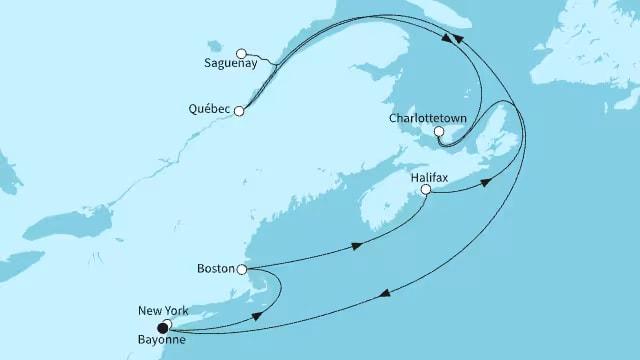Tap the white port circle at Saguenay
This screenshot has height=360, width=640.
click(x=241, y=53)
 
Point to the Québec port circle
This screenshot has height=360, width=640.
click(x=239, y=112)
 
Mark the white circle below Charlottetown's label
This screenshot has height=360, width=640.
click(x=439, y=131)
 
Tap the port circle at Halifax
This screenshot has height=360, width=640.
click(x=426, y=189)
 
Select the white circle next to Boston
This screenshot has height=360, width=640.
click(x=241, y=269)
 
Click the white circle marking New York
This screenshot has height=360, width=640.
click(x=169, y=324)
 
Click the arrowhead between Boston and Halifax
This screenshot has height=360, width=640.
click(x=356, y=246)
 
